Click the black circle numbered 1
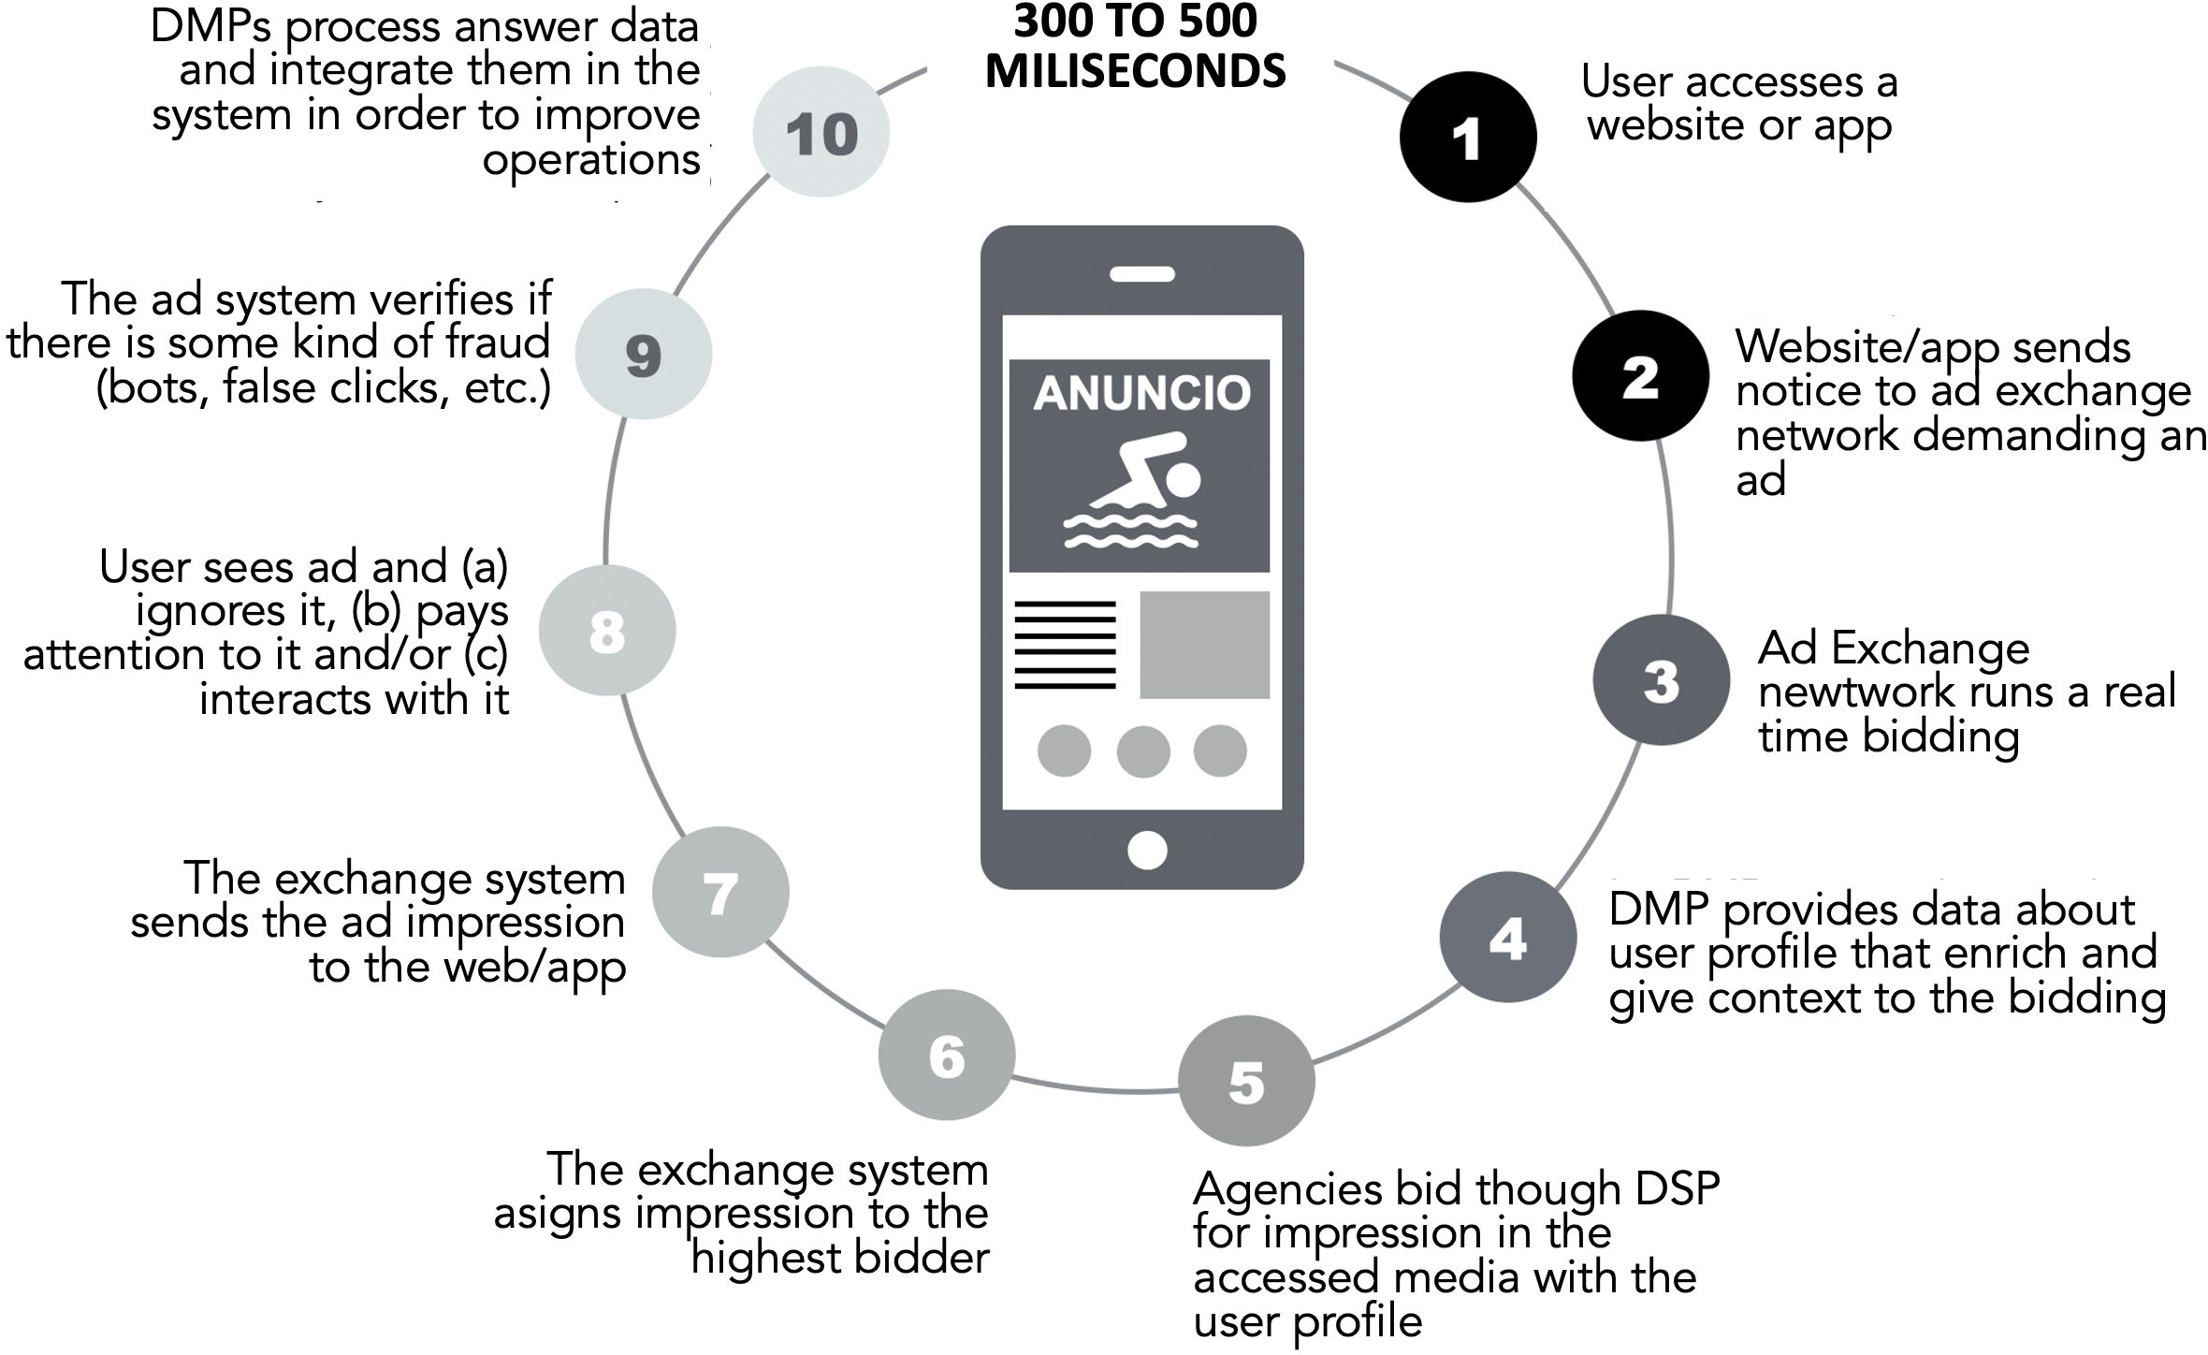(1467, 137)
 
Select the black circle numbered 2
(1640, 376)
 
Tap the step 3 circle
(1662, 680)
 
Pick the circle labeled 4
(1507, 937)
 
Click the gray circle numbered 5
(1246, 1081)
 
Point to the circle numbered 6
(947, 1055)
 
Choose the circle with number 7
(720, 892)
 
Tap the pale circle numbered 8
(607, 631)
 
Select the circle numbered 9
(644, 354)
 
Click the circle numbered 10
(821, 132)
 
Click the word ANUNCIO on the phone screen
(1141, 393)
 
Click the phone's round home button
(1147, 851)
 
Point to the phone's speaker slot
(1142, 274)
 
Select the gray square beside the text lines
(1204, 645)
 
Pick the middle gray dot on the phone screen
(1143, 750)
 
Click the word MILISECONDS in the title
(1136, 72)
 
